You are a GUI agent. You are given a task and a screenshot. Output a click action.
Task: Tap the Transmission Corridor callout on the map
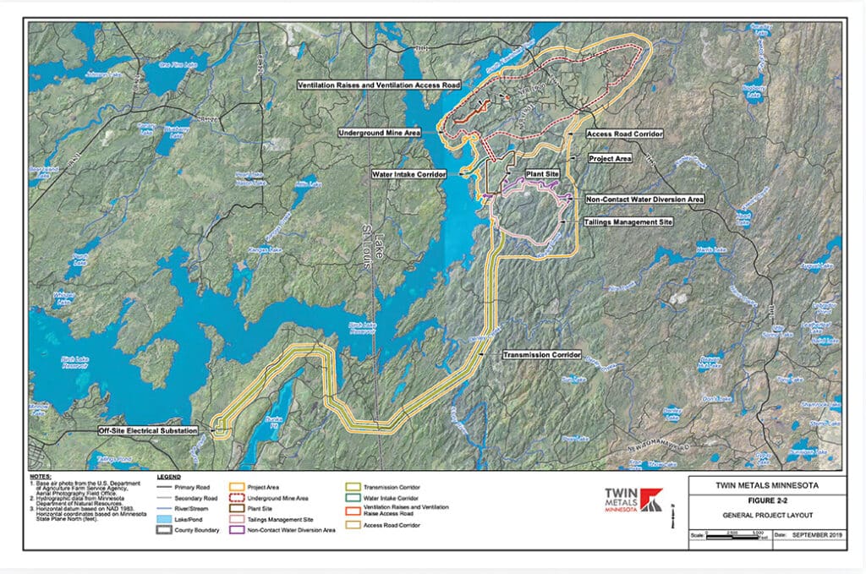click(x=540, y=354)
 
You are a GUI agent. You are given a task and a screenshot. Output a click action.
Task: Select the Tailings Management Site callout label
click(x=628, y=221)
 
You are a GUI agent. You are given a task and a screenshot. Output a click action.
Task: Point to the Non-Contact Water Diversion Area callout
click(x=644, y=200)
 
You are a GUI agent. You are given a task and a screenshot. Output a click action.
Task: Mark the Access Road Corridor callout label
click(x=624, y=134)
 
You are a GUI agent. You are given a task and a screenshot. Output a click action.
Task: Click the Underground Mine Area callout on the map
click(x=380, y=133)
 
